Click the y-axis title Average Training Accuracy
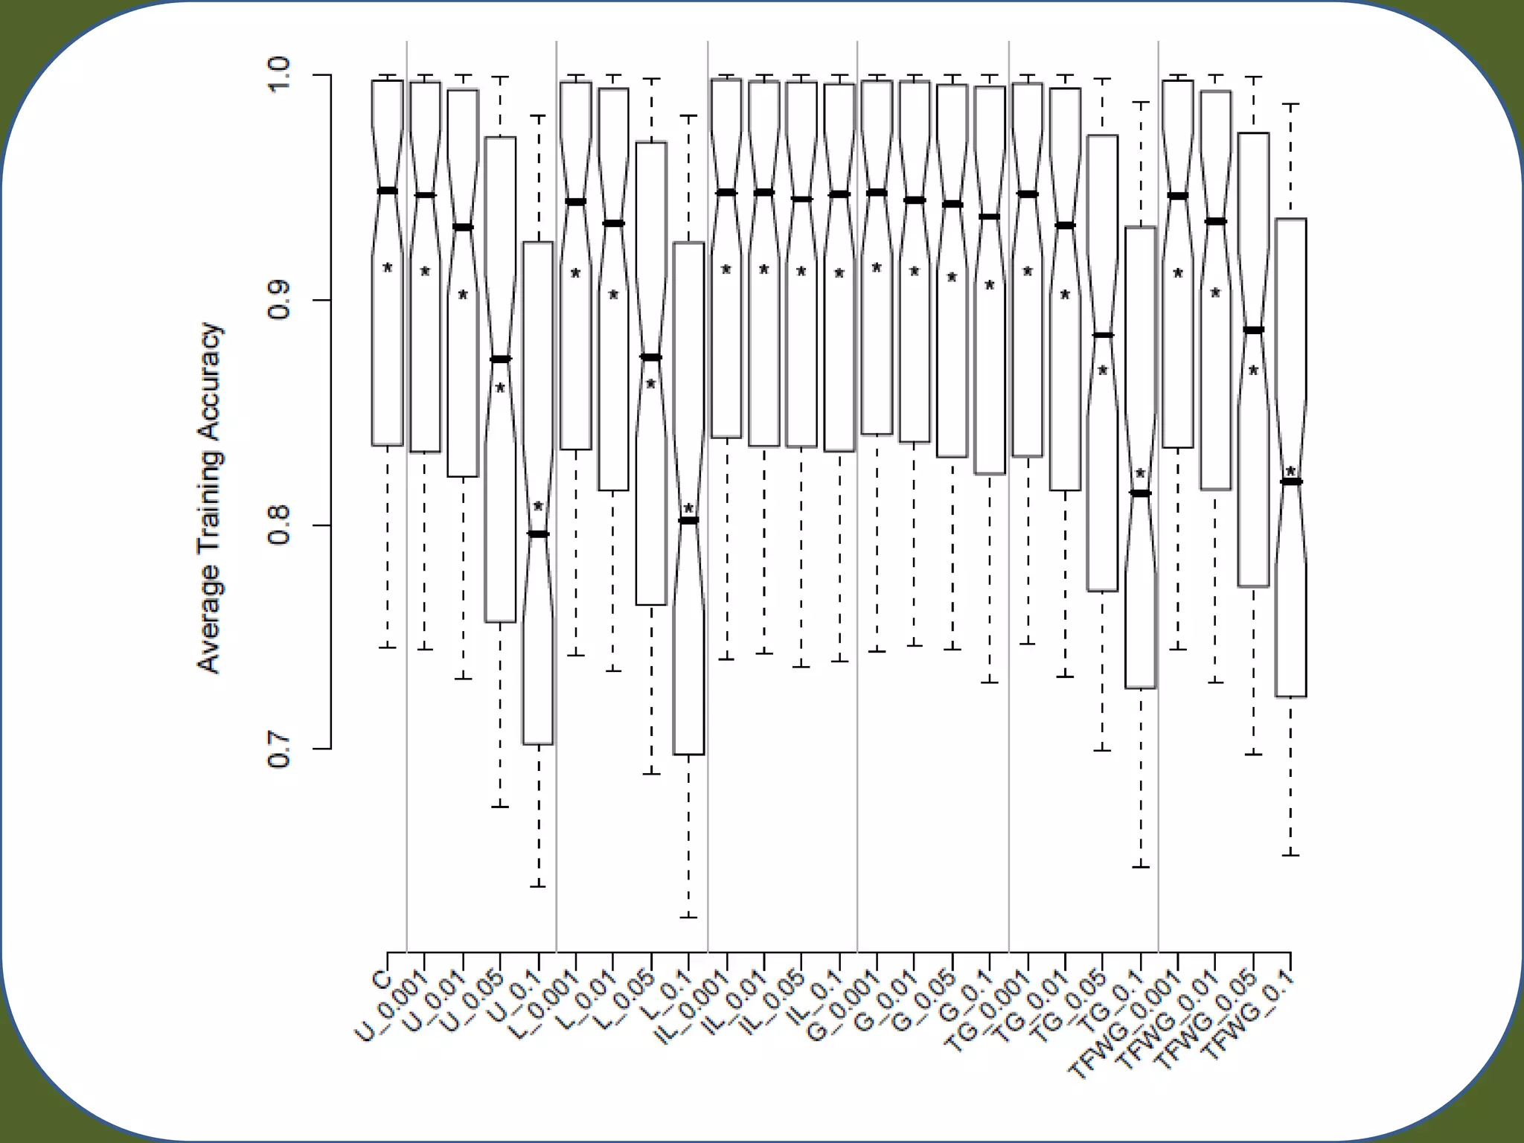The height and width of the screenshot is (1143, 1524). (x=210, y=498)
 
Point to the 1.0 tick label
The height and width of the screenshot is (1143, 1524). (x=280, y=75)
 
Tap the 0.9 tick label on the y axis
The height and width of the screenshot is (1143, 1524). (x=280, y=301)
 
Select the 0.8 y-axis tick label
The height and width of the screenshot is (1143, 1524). (x=280, y=525)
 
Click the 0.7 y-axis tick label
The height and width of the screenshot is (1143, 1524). (x=280, y=749)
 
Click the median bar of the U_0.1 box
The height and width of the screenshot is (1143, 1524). (x=538, y=534)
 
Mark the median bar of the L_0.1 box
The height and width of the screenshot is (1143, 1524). (x=688, y=520)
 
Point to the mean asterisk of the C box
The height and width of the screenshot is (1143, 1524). (x=387, y=268)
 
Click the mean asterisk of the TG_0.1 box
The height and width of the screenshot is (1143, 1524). (x=1140, y=474)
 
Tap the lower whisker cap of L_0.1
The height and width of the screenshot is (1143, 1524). (x=688, y=917)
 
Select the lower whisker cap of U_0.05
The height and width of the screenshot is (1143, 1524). (x=500, y=807)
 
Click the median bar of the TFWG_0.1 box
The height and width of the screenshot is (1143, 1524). (x=1290, y=481)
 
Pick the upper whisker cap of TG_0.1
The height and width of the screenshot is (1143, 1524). (x=1140, y=102)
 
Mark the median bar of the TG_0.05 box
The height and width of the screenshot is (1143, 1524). (x=1102, y=335)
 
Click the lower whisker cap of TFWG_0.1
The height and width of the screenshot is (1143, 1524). (x=1290, y=855)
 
